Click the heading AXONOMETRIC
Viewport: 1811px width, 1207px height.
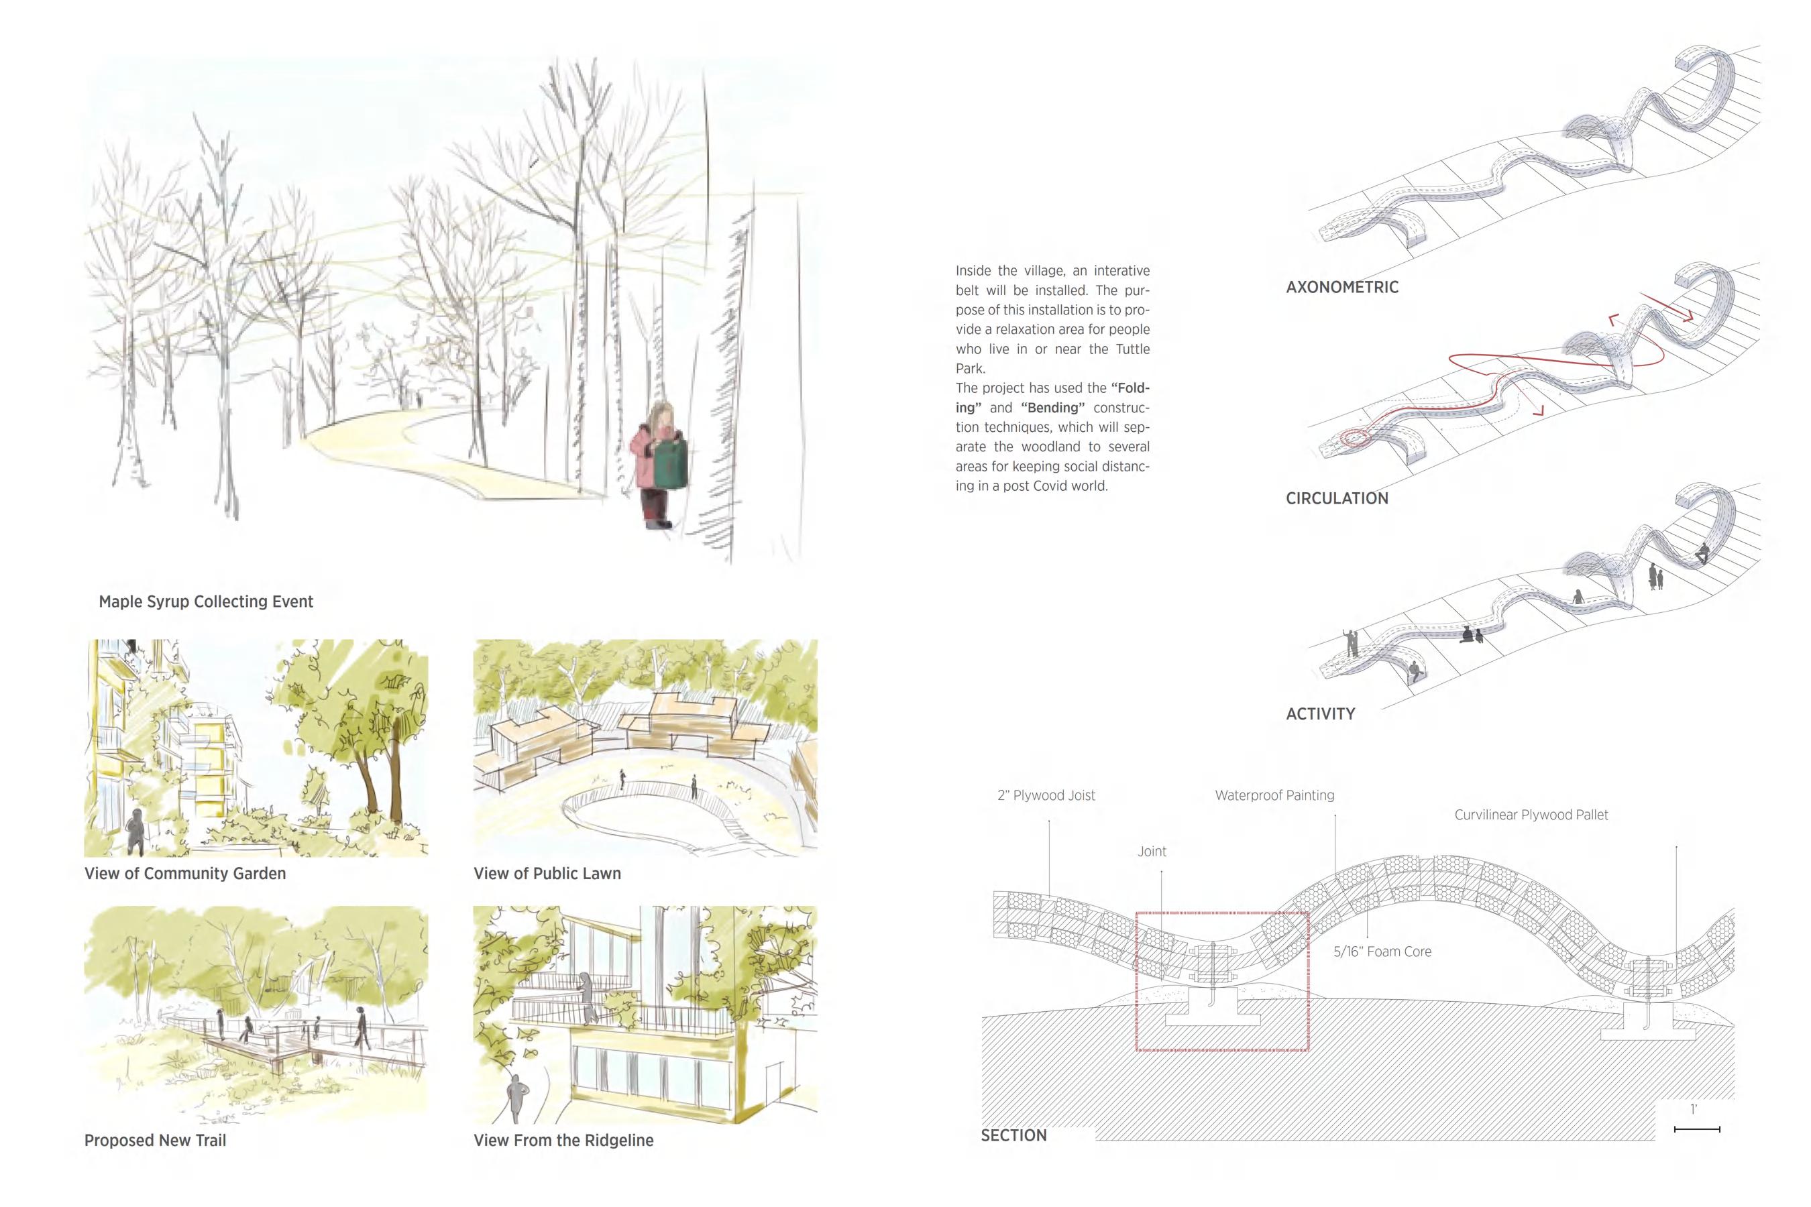[x=1341, y=287]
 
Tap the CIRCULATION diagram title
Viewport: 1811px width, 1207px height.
[x=1337, y=498]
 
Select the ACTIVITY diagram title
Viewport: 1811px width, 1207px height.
[x=1320, y=713]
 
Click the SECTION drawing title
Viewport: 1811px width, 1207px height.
[x=1013, y=1135]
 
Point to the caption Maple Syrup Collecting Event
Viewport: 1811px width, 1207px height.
[x=206, y=601]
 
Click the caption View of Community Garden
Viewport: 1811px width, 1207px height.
[x=185, y=873]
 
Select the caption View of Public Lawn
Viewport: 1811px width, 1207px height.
[x=547, y=873]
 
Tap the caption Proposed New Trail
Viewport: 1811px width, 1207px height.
[x=155, y=1140]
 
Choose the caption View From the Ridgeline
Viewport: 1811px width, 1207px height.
[x=563, y=1140]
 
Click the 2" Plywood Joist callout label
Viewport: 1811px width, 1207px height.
[x=1046, y=795]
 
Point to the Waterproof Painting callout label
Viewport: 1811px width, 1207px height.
[x=1274, y=795]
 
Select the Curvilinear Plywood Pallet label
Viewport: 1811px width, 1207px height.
[x=1531, y=815]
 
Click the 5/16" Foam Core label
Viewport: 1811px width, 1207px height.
[x=1382, y=952]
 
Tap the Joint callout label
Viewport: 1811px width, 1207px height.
[x=1152, y=852]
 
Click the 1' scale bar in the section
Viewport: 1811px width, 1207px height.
[x=1696, y=1129]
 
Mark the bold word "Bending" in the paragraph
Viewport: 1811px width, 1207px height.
[x=1052, y=407]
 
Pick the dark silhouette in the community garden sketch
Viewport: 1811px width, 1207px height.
[x=136, y=831]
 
